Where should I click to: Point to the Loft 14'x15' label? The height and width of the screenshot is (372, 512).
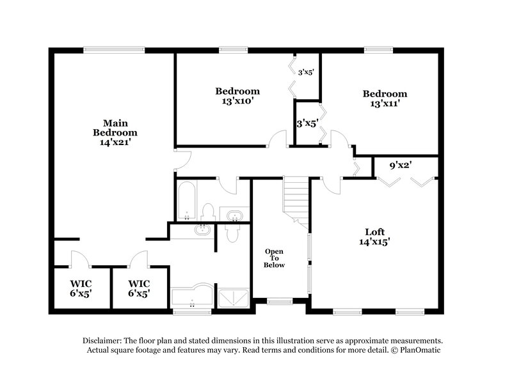tap(374, 236)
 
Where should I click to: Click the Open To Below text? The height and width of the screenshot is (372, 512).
tap(275, 258)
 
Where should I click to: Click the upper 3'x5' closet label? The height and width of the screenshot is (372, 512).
tap(305, 72)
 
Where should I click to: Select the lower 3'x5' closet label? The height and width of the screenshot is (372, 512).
tap(305, 123)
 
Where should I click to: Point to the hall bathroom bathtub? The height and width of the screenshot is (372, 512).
tap(186, 200)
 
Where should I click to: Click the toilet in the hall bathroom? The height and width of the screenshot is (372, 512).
tap(208, 212)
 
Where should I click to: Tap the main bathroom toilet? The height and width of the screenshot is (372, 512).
tap(232, 234)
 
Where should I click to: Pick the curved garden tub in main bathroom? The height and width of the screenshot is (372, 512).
tap(191, 296)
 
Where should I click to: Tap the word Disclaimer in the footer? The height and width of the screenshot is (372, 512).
tap(104, 341)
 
